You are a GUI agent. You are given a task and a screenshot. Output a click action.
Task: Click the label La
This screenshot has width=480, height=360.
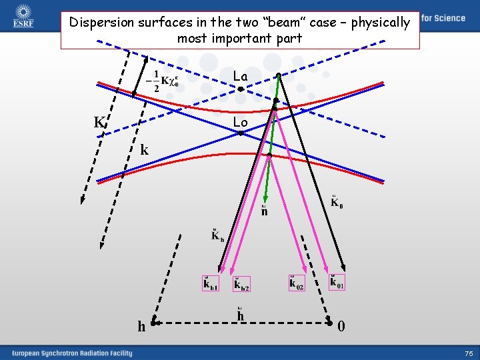coord(241,77)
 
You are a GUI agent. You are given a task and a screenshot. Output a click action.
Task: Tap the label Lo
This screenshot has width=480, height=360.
coord(241,122)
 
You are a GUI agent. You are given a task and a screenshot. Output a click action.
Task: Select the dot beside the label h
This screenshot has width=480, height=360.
coord(153,324)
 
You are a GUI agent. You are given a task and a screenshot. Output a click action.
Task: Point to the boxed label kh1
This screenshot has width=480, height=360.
coord(211,284)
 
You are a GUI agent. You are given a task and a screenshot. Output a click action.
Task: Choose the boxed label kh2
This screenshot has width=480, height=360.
coord(241,284)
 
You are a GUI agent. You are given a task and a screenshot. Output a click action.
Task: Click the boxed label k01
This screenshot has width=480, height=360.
coord(337,283)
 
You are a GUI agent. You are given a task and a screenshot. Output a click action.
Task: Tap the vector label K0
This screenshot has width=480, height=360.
coord(337,202)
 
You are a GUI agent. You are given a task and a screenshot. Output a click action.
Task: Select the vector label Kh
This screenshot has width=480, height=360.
coord(217,235)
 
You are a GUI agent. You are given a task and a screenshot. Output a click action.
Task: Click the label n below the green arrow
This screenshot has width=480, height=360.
coord(265,211)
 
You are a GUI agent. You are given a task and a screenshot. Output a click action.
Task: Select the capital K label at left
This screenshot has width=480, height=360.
coord(99,123)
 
